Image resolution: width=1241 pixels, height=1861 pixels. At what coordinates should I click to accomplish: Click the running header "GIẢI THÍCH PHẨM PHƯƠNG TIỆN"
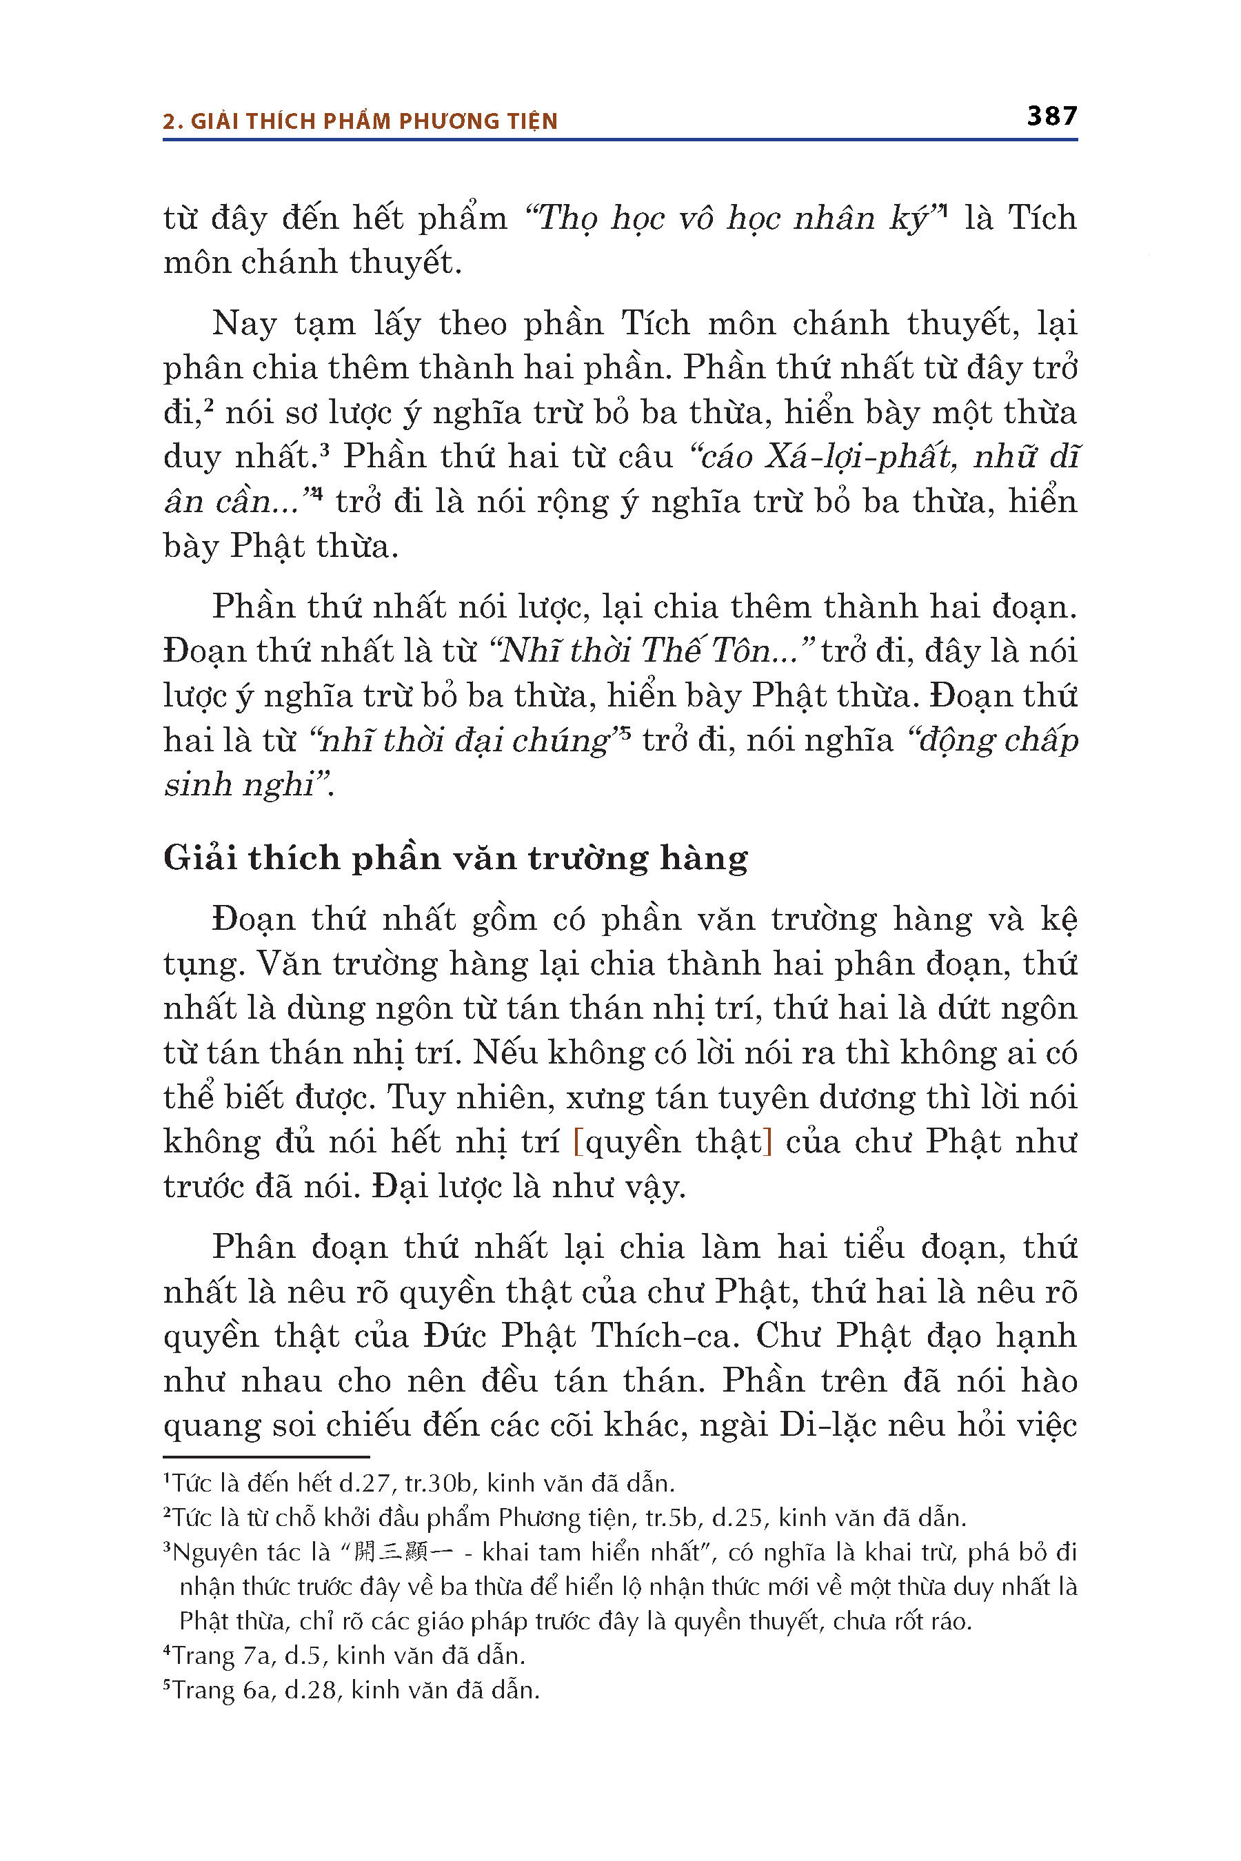[374, 121]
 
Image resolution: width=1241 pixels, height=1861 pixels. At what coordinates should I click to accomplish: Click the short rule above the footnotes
[266, 1456]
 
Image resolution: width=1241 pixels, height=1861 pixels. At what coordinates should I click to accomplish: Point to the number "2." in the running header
[172, 121]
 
